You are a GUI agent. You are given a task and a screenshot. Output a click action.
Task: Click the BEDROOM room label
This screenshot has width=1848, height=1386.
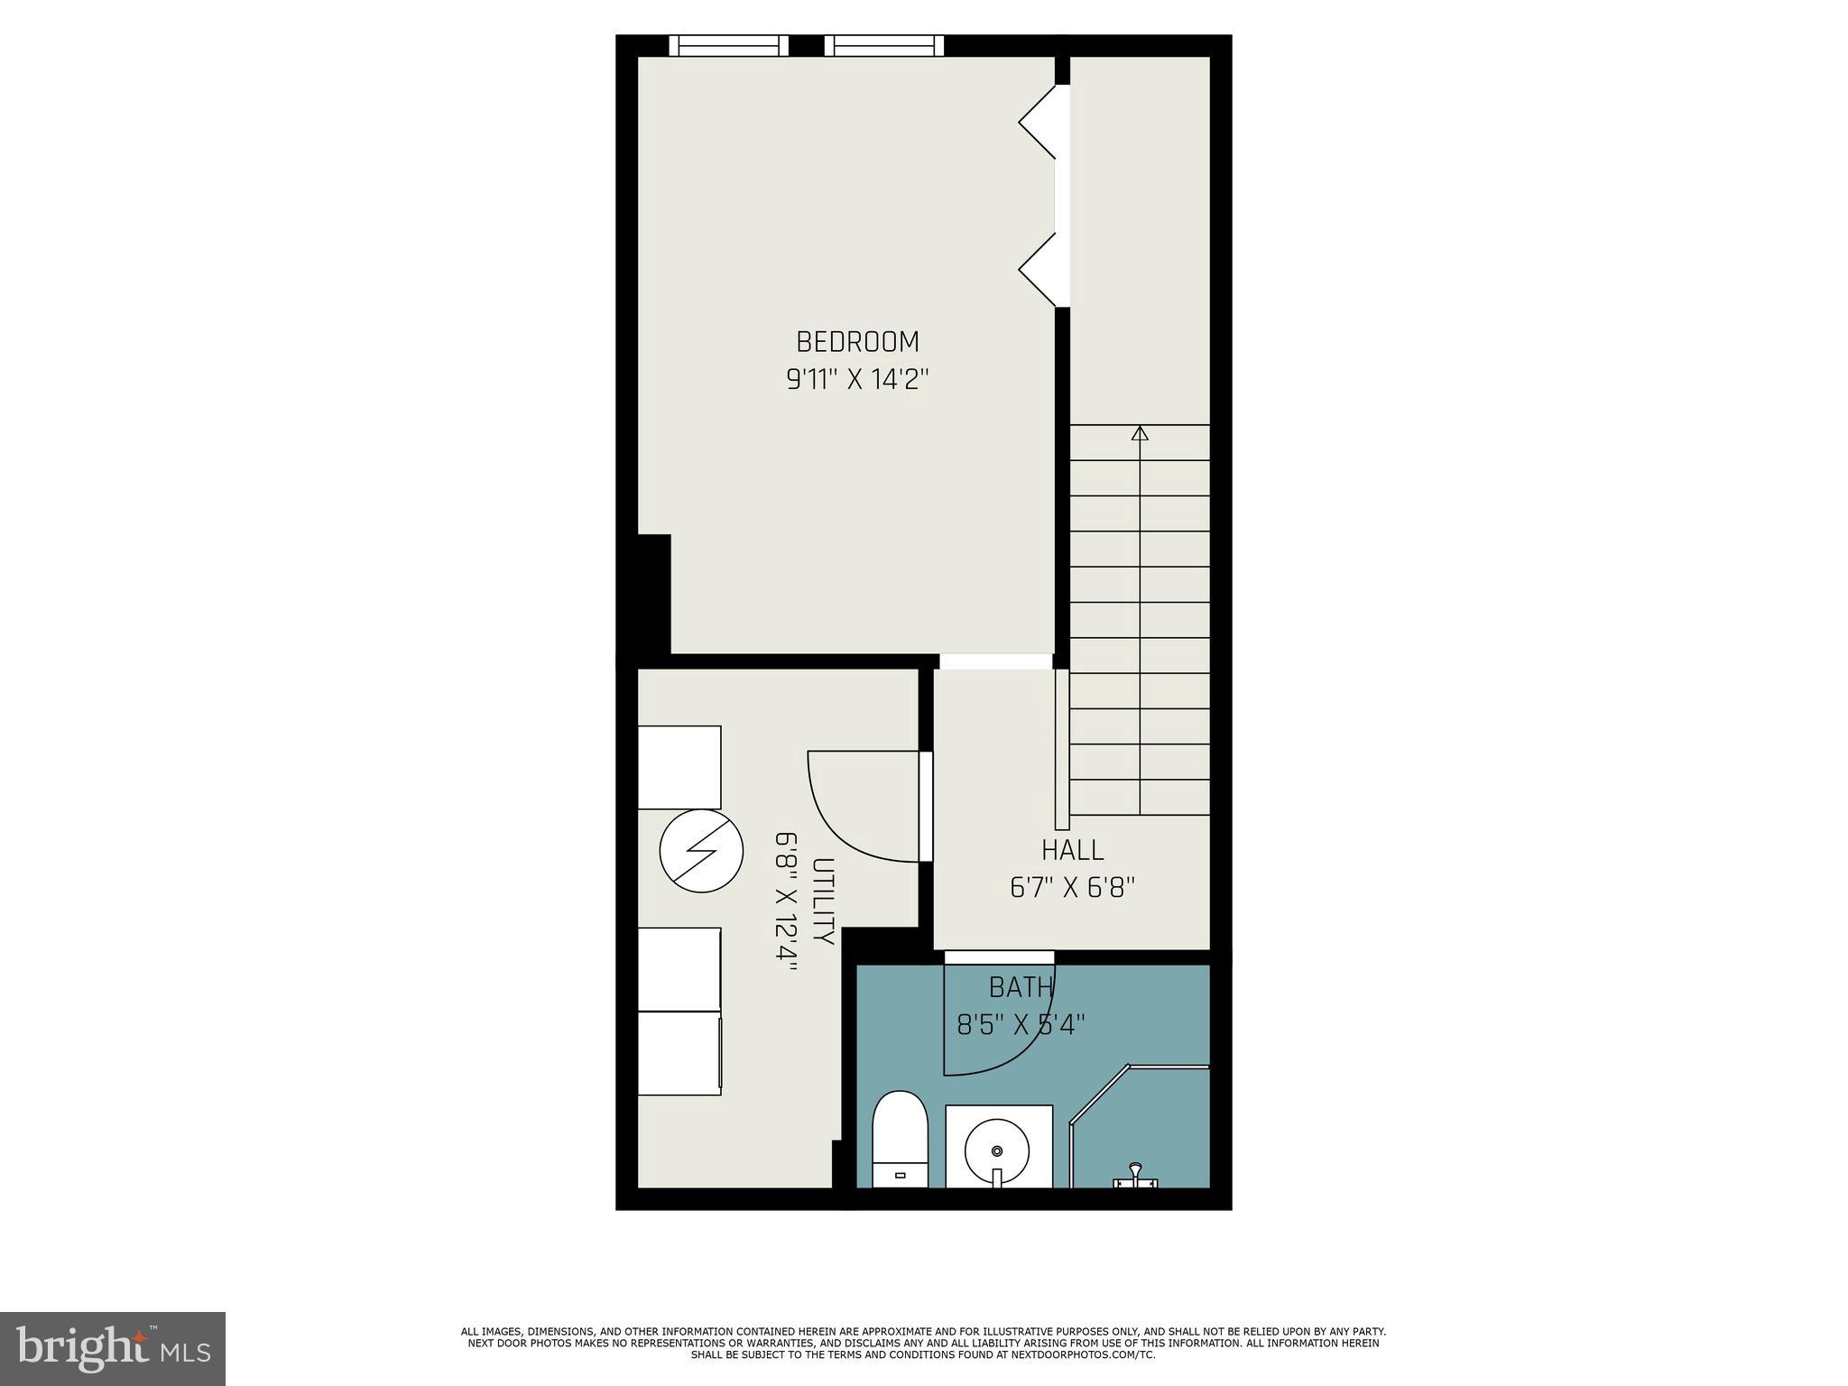tap(857, 342)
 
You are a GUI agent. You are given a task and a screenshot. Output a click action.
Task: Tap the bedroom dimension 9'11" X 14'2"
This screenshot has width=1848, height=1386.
tap(857, 380)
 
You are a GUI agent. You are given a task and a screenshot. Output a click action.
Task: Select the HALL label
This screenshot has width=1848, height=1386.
tap(1072, 850)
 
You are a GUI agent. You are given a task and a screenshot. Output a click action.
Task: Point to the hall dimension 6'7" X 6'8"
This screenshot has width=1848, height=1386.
tap(1072, 888)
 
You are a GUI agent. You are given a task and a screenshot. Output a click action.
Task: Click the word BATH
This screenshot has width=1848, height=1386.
tap(1021, 988)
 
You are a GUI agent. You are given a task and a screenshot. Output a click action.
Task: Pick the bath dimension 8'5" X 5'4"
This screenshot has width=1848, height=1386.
tap(1021, 1025)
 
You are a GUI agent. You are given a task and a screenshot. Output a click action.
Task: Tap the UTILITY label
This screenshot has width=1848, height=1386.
tap(822, 900)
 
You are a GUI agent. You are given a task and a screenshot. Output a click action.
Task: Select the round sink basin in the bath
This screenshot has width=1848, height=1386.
tap(997, 1151)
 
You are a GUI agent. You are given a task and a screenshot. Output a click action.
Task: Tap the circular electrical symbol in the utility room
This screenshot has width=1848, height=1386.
tap(701, 851)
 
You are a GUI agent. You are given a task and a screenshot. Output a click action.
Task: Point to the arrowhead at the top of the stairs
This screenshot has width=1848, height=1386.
tap(1140, 434)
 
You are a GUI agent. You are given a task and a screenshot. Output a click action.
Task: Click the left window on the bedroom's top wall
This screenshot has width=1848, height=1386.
tap(728, 46)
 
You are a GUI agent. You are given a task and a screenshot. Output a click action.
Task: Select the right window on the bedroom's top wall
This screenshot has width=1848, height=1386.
tap(883, 46)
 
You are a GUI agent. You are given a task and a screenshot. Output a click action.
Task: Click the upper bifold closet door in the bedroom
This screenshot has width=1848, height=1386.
tap(1038, 123)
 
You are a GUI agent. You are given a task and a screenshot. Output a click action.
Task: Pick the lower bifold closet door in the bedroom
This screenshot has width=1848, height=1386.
tap(1038, 270)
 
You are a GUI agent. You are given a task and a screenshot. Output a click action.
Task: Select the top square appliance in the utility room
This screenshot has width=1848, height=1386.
tap(679, 767)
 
